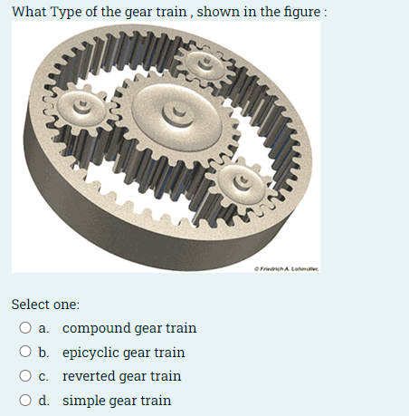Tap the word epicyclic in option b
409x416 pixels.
pyautogui.click(x=91, y=352)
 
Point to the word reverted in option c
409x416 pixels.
pyautogui.click(x=88, y=376)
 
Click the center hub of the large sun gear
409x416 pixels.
pyautogui.click(x=170, y=114)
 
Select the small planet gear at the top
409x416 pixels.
pyautogui.click(x=208, y=65)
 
